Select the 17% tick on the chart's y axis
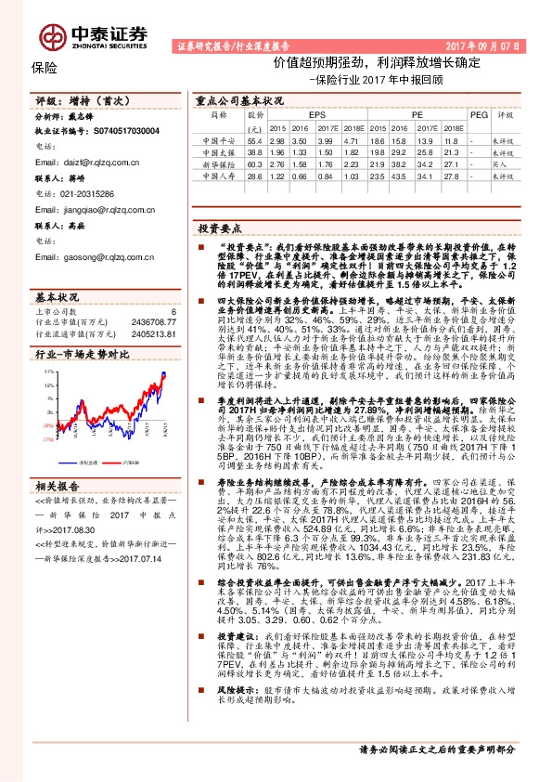click(48, 371)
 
